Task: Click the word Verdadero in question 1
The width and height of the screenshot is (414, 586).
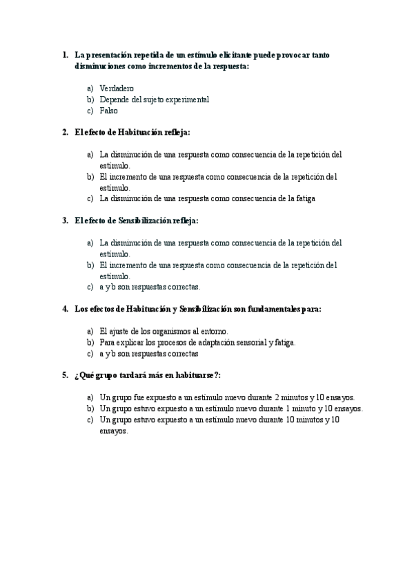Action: pos(117,88)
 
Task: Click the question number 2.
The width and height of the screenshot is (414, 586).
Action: pos(65,132)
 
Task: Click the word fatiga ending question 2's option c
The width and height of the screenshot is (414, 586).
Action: pos(304,198)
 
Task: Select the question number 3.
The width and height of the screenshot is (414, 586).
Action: pos(65,220)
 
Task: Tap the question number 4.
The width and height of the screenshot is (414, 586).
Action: pos(65,309)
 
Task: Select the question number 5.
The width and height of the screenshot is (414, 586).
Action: pos(65,375)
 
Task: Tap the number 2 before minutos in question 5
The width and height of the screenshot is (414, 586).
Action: pos(277,397)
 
